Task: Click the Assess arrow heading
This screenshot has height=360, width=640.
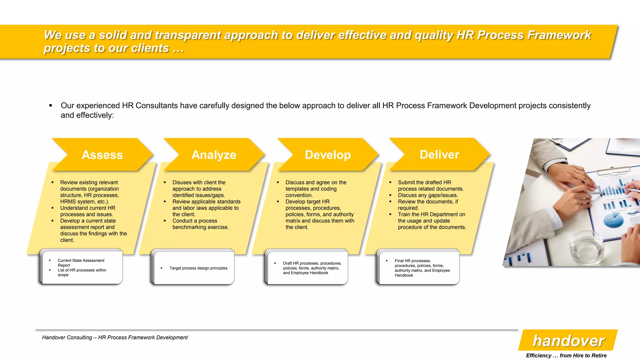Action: pyautogui.click(x=102, y=155)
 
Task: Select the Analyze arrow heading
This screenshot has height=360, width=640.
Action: pyautogui.click(x=214, y=155)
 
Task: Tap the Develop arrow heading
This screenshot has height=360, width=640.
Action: pyautogui.click(x=328, y=155)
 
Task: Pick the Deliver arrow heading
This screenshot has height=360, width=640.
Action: pyautogui.click(x=439, y=154)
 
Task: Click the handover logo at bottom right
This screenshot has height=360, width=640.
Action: pyautogui.click(x=568, y=341)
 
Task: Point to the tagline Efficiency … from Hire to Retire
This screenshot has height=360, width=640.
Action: pyautogui.click(x=566, y=355)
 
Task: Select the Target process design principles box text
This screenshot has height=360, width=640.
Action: pyautogui.click(x=198, y=268)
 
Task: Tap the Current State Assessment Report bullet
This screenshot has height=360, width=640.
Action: pyautogui.click(x=81, y=262)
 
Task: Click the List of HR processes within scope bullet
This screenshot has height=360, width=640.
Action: pyautogui.click(x=82, y=272)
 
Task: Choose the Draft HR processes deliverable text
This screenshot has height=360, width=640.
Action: pyautogui.click(x=312, y=268)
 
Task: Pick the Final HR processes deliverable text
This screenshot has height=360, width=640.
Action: pyautogui.click(x=422, y=268)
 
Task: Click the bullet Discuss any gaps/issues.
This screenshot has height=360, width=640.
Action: pyautogui.click(x=427, y=195)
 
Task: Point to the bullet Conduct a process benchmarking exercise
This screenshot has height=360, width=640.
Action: pyautogui.click(x=200, y=224)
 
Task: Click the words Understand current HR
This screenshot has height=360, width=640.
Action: pyautogui.click(x=87, y=208)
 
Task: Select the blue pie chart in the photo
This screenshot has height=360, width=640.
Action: pyautogui.click(x=613, y=220)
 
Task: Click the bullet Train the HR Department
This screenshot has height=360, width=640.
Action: pyautogui.click(x=431, y=214)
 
